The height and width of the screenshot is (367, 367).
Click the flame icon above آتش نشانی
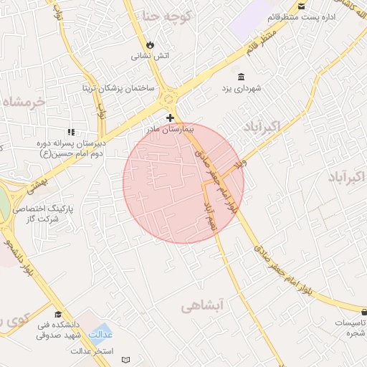tap(149, 44)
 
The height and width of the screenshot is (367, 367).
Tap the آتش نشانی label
tap(150, 55)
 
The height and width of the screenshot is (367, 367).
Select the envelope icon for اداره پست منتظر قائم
tap(302, 6)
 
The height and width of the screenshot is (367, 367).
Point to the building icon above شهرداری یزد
tap(239, 76)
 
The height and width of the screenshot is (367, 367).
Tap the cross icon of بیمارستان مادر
tap(170, 117)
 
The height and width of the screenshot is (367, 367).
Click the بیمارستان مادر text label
tap(168, 130)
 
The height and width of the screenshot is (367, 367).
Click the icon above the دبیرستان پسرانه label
tap(70, 132)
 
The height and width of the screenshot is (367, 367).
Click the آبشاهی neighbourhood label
tap(203, 307)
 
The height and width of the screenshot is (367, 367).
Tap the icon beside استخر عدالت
tap(127, 358)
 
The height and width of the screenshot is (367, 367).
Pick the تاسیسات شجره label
tap(349, 328)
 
